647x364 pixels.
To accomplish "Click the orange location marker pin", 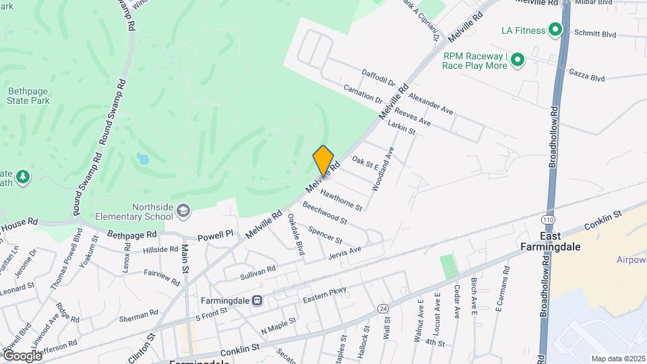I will click(x=323, y=160).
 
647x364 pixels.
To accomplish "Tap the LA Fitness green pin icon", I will click(x=555, y=30).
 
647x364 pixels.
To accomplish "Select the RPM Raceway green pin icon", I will click(x=517, y=61).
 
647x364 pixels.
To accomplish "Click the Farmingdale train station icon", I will click(x=257, y=300).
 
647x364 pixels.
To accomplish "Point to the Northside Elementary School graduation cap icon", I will click(x=183, y=212).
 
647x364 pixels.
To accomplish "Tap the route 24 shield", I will click(x=383, y=309).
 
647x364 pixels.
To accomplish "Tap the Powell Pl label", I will click(x=215, y=236).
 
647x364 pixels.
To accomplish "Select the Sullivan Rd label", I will click(x=257, y=272).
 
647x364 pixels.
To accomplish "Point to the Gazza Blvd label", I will click(x=586, y=74).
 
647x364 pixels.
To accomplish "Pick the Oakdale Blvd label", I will click(x=296, y=234).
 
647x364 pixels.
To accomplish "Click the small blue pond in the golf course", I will click(x=142, y=159).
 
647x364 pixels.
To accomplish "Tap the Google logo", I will click(x=22, y=355).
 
